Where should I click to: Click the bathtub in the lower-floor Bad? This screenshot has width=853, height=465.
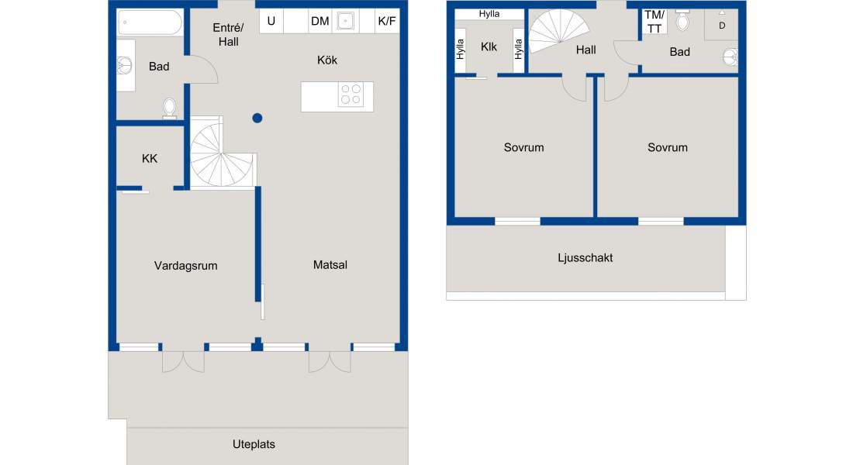coord(150,22)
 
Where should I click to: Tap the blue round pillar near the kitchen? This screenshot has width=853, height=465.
coord(257,118)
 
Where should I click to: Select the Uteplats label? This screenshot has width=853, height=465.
coord(254,444)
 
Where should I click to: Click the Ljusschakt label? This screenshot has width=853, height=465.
coord(585,258)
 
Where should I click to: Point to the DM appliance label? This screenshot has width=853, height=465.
coord(319,21)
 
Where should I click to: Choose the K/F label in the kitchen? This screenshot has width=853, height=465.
coord(387,21)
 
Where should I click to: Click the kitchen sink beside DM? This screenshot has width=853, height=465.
coord(345,21)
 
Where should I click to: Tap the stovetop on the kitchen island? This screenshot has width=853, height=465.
coord(351,95)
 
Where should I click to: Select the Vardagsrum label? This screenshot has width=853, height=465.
coord(185,266)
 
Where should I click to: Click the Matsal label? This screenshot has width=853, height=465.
coord(330,265)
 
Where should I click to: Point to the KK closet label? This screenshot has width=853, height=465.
coord(150,159)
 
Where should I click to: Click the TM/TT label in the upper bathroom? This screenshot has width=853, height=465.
coord(654,22)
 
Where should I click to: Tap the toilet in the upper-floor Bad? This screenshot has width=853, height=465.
coord(682,21)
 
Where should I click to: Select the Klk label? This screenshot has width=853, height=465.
coord(489,47)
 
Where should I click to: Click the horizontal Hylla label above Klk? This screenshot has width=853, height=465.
coord(489,14)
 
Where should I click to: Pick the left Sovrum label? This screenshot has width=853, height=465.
coord(524,147)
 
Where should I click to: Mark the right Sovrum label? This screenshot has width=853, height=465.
coord(668,147)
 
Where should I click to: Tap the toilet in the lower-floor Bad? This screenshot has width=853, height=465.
coord(169,108)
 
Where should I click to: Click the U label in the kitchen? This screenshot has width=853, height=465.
coord(271,21)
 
